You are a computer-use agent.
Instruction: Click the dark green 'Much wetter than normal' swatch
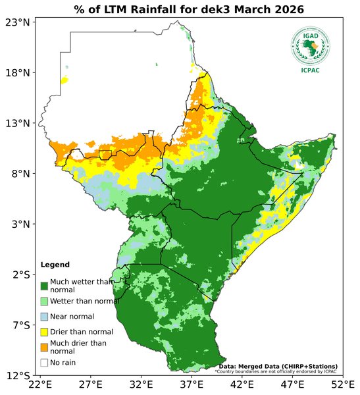click(x=44, y=286)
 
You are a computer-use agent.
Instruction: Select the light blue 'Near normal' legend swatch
click(x=44, y=317)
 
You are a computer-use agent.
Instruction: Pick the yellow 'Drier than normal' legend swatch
click(x=44, y=332)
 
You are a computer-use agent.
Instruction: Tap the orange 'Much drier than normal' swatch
click(x=44, y=347)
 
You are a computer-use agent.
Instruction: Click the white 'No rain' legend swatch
click(x=44, y=362)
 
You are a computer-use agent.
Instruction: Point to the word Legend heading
click(x=55, y=265)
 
